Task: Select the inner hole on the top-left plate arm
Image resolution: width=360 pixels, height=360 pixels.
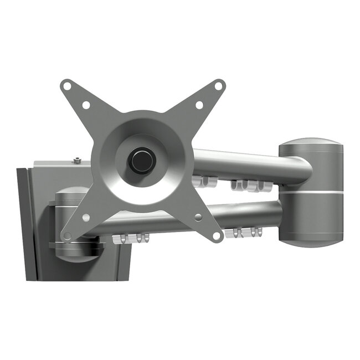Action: click(x=86, y=105)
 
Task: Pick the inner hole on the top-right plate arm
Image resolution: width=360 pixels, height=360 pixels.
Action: click(x=199, y=105)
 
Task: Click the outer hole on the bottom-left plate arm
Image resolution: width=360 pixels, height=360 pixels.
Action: click(x=67, y=236)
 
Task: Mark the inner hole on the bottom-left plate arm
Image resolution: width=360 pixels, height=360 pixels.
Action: click(x=86, y=217)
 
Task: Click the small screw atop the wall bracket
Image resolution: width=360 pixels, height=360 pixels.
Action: click(x=76, y=161)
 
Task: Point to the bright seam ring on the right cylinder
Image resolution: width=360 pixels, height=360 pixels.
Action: click(x=311, y=192)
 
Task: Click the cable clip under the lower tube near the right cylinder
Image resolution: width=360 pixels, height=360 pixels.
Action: click(x=243, y=233)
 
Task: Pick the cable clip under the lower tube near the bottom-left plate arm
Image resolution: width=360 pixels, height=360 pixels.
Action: click(x=131, y=238)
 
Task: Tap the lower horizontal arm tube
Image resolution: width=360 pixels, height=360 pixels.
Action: click(x=249, y=215)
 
